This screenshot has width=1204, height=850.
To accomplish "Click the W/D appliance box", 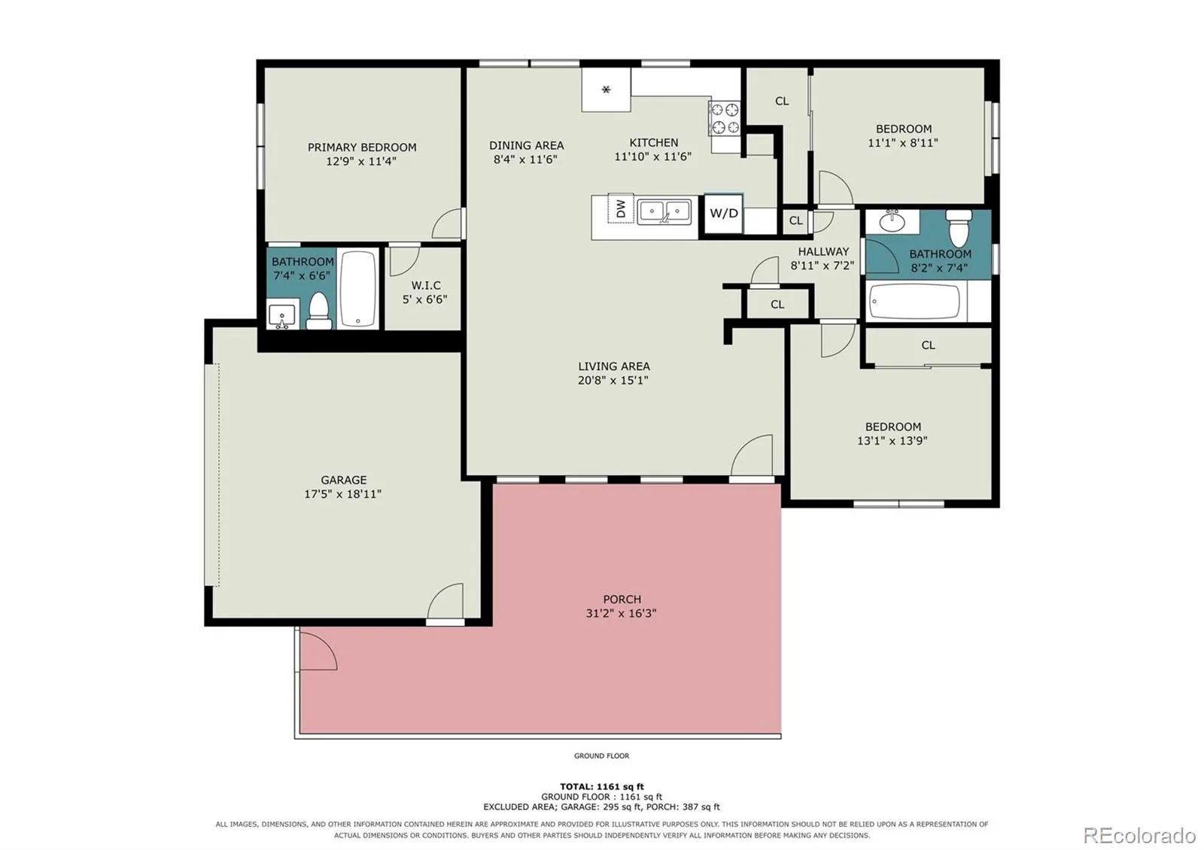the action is [x=723, y=214].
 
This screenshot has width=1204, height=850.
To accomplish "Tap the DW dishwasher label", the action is [x=621, y=208].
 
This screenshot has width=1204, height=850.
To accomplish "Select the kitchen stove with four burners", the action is [x=725, y=120].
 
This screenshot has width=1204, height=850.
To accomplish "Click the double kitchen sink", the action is [x=664, y=211].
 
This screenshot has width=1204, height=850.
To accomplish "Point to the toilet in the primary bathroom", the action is [x=319, y=311].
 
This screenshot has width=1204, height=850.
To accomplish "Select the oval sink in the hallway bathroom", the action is [x=892, y=221].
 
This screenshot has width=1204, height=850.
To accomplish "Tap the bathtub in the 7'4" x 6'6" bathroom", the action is [x=358, y=288].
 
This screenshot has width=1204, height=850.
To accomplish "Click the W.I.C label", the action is [x=426, y=285].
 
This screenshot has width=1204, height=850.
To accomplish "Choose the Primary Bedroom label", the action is [x=362, y=147].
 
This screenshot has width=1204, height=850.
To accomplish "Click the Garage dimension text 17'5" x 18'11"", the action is [x=343, y=493].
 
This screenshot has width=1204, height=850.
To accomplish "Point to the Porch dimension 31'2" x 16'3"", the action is [x=622, y=613].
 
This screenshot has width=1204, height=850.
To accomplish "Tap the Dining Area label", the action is [x=526, y=145].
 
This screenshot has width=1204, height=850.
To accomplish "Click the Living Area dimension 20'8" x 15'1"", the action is [x=613, y=381].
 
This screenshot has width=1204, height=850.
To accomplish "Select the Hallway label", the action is [x=823, y=251].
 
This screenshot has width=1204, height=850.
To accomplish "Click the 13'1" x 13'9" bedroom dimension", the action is [x=892, y=441].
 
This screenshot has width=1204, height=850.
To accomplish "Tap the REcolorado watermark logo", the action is [x=1139, y=835].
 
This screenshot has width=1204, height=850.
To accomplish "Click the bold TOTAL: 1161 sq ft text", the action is [x=601, y=787].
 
